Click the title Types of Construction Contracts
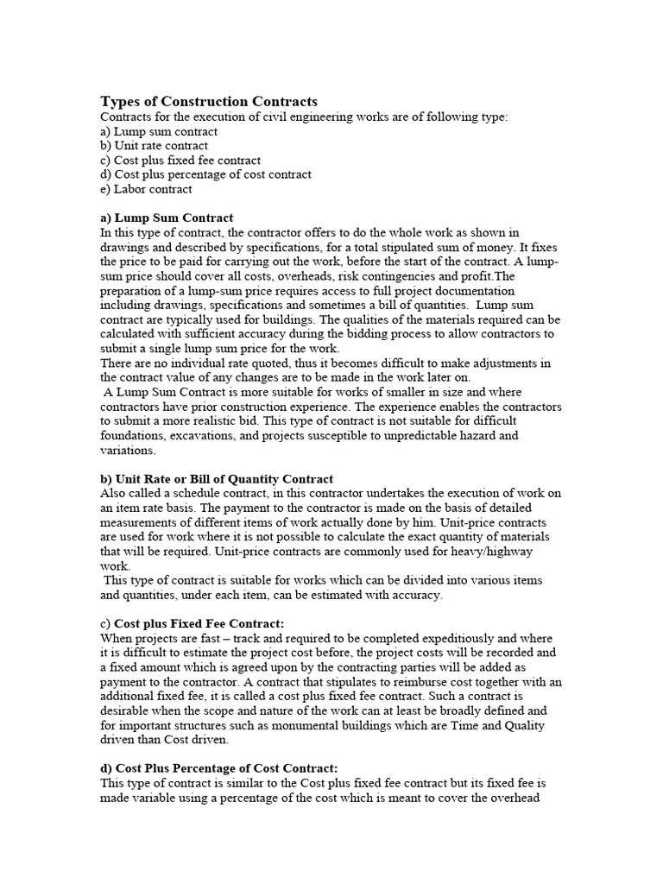209,101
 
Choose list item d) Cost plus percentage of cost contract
206,174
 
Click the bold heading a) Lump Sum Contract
167,218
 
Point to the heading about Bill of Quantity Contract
217,478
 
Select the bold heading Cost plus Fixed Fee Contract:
193,623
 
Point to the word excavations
207,435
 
